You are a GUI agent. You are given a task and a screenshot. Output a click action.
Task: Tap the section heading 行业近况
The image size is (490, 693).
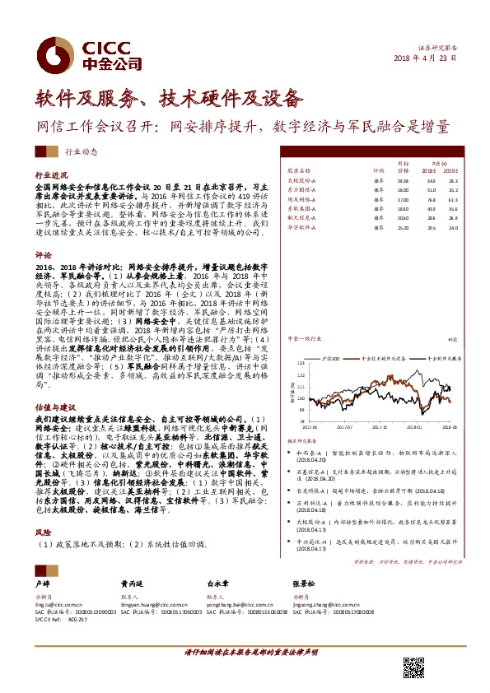pyautogui.click(x=50, y=176)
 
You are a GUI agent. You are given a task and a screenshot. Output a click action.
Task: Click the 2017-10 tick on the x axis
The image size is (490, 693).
pyautogui.click(x=378, y=427)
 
